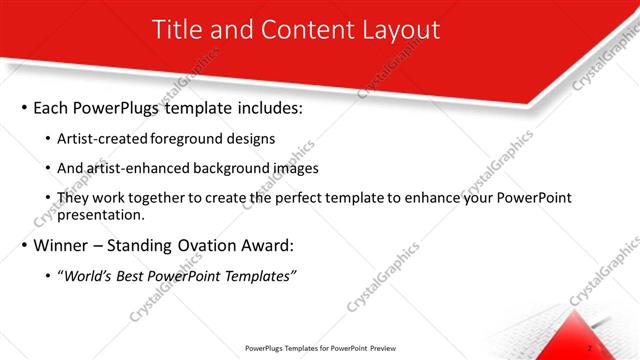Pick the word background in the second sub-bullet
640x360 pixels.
coord(224,168)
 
